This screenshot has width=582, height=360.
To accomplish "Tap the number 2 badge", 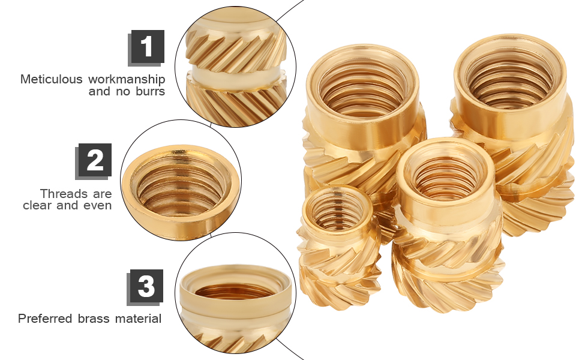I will pyautogui.click(x=95, y=160).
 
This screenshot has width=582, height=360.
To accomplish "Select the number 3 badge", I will pyautogui.click(x=146, y=286).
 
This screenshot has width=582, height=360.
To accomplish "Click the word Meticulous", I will pyautogui.click(x=52, y=79).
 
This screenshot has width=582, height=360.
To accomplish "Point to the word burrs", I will pyautogui.click(x=149, y=92).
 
